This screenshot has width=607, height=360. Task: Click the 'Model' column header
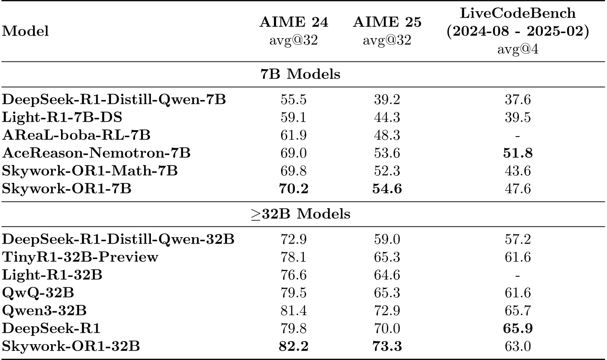coord(25,31)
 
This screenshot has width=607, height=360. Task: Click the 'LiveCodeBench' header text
coord(517,13)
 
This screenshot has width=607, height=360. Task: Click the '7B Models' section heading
coord(301,74)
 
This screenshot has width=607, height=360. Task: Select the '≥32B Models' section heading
coord(301,214)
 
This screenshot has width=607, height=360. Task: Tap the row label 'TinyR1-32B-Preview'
coord(80,257)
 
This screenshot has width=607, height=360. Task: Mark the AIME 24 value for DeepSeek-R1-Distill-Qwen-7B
coord(294,101)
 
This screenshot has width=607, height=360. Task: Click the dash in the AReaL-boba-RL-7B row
coord(517,136)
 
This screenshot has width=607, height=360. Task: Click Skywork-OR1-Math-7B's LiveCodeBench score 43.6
coord(517,171)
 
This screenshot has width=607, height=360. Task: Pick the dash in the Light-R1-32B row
coord(517,275)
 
